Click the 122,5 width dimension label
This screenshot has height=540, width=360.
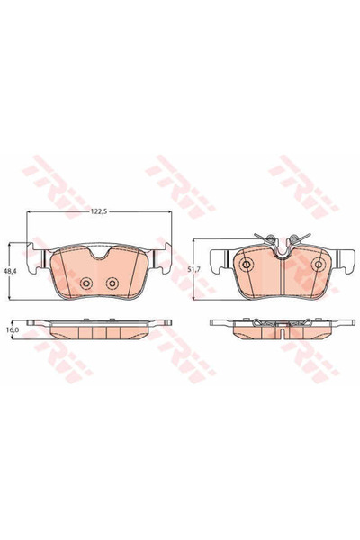(99, 212)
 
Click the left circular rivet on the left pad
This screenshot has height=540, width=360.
(86, 283)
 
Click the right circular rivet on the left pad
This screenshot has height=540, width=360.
(112, 283)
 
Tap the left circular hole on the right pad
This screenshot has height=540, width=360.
(247, 265)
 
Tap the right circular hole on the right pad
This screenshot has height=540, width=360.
(318, 265)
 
